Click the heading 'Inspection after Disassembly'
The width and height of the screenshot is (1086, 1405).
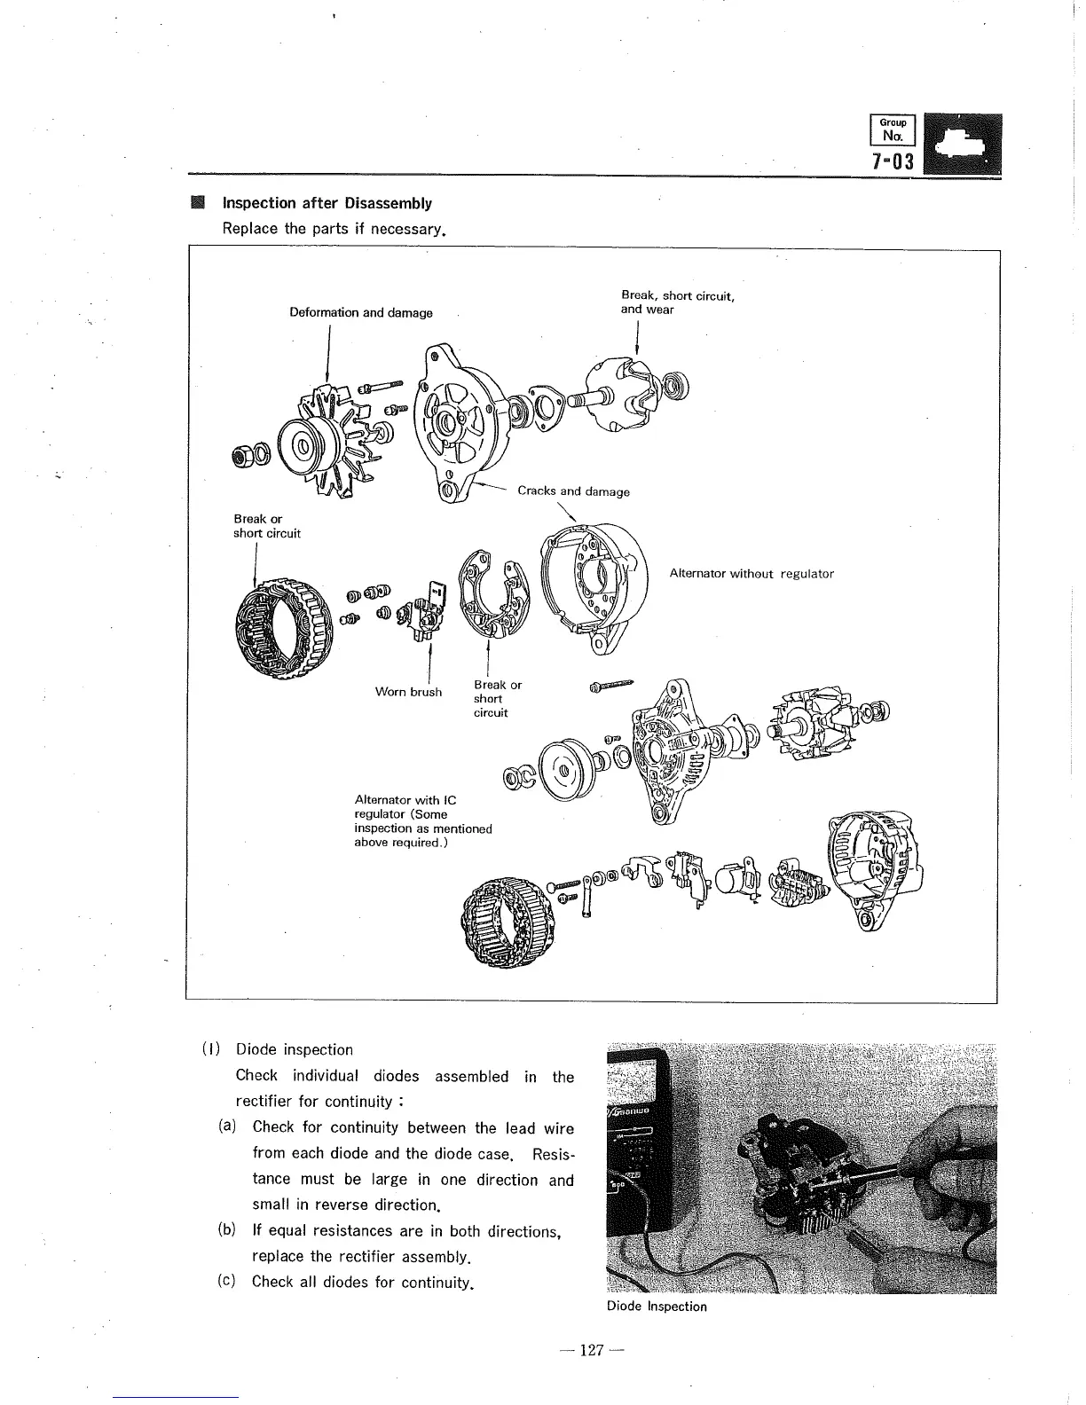(327, 203)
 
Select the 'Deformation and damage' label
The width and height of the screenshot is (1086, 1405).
(361, 312)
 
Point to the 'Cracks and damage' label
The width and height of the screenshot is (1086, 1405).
(573, 491)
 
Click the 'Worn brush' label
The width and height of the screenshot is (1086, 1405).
(408, 692)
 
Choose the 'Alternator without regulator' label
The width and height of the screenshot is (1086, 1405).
(752, 574)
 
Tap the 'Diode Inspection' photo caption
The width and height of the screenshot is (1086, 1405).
(657, 1307)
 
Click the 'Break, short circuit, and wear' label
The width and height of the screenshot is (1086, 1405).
(677, 302)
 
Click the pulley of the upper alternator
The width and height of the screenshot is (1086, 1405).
(307, 441)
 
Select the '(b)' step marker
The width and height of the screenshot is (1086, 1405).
(225, 1230)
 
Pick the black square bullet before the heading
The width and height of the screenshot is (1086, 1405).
(198, 203)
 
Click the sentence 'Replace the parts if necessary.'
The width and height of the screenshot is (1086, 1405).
(333, 229)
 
